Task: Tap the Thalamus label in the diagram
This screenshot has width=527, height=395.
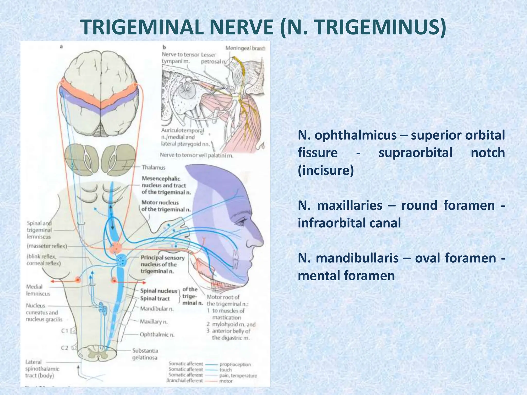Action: tap(154, 168)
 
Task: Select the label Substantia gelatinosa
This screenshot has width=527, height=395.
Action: tap(145, 354)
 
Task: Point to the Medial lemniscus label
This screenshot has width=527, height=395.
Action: tap(38, 290)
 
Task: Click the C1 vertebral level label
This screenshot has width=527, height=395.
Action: tap(65, 331)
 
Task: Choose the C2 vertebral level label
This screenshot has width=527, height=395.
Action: tap(65, 348)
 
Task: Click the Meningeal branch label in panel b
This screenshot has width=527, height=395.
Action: tap(245, 48)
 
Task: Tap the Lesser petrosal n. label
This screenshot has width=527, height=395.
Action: tap(213, 58)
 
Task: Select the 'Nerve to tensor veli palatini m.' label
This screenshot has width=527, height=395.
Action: tap(197, 155)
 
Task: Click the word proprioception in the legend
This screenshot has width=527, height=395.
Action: tap(235, 364)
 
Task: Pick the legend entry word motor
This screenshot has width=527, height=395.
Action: tap(226, 381)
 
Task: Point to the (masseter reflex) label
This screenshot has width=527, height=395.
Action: tap(47, 246)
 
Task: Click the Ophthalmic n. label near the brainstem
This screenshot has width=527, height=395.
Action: tap(157, 335)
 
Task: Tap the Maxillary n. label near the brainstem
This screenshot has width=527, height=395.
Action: tap(154, 321)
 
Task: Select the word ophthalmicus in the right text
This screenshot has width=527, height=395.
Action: tap(355, 135)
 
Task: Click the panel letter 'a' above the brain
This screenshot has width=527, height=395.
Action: tap(61, 47)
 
